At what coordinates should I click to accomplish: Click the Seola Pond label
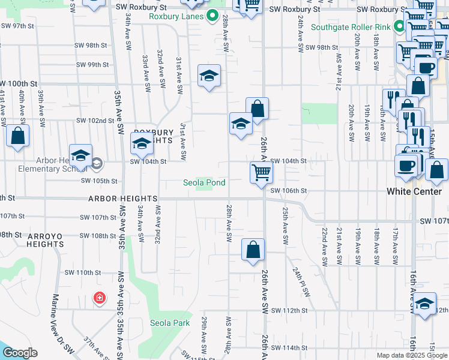coord(205,182)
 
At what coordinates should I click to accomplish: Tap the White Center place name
coord(414,191)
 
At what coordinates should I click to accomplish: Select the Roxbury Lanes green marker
coord(211,16)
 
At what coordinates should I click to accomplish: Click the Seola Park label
coord(170,323)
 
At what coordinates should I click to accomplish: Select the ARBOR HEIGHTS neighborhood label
coord(122,198)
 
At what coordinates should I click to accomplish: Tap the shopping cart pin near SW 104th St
coord(261,172)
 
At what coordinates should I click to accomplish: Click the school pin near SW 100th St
coord(209,76)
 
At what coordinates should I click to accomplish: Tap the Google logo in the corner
coord(19,353)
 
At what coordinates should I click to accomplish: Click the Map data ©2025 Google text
coord(412,355)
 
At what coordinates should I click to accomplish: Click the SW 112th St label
coord(289,310)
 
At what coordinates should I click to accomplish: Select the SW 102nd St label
coord(95,121)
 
